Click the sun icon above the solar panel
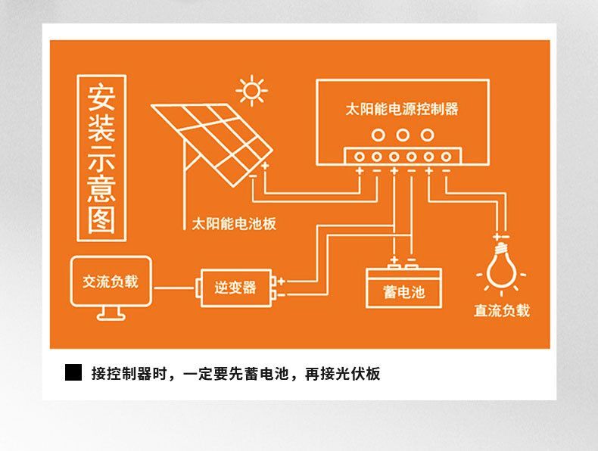tap(251, 91)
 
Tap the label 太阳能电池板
tap(234, 224)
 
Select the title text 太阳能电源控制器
tap(402, 109)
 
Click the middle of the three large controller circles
tap(403, 135)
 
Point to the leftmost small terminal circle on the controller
tap(360, 157)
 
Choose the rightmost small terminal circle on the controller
tap(446, 157)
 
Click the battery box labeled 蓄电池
tap(403, 288)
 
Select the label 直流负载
tap(502, 311)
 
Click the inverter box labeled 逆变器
tap(235, 288)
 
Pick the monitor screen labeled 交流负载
tap(111, 281)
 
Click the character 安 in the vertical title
tap(101, 97)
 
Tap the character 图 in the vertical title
tap(101, 220)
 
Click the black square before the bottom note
tap(73, 372)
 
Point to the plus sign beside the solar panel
tap(265, 166)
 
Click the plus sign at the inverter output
tap(282, 281)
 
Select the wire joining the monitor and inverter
tap(174, 288)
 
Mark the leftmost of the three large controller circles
tap(378, 135)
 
